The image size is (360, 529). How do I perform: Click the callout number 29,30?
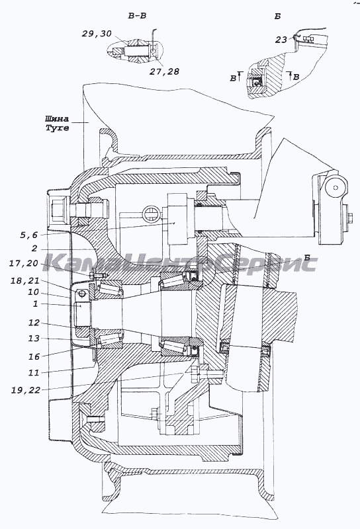(x=97, y=34)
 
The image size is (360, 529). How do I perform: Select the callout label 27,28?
(x=165, y=71)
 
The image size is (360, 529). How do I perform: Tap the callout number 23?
(x=281, y=40)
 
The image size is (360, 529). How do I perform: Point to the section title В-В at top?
(x=137, y=16)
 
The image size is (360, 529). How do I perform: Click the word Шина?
(x=57, y=119)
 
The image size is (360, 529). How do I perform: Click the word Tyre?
(x=58, y=128)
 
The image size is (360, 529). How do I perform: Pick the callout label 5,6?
(x=28, y=235)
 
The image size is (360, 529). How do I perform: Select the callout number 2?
(x=34, y=249)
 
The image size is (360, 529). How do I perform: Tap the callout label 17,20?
(x=23, y=263)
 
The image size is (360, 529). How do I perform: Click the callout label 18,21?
(x=24, y=280)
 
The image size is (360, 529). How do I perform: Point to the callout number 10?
(x=34, y=292)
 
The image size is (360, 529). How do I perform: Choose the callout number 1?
(x=36, y=304)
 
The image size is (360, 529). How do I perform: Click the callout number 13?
(x=34, y=338)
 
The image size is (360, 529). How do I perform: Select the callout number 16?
(x=34, y=356)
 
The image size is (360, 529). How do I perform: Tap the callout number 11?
(x=34, y=373)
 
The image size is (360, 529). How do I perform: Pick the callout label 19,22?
(x=26, y=390)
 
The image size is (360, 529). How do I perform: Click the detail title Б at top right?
(x=277, y=16)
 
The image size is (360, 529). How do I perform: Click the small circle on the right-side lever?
(x=335, y=188)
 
